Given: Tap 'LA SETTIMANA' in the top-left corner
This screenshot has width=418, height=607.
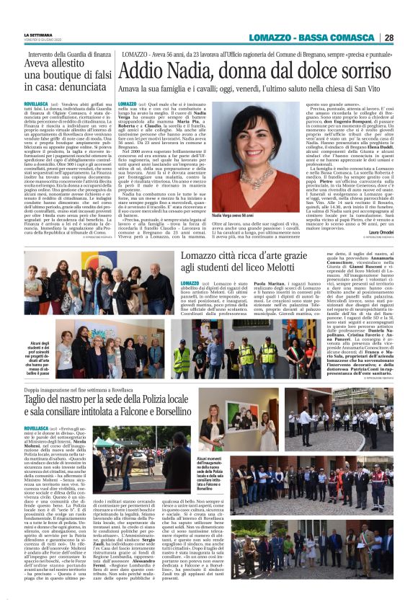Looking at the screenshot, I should pos(39,35).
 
